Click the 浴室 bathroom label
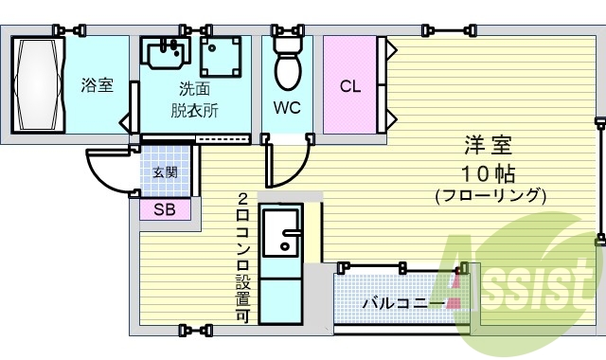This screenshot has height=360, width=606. (x=97, y=86)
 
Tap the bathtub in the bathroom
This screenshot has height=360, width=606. (x=37, y=86)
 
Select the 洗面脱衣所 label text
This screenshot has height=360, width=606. (x=194, y=99)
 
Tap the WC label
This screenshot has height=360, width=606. (x=287, y=107)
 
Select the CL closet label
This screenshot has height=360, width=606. (x=350, y=87)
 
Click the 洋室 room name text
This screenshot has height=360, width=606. (x=488, y=147)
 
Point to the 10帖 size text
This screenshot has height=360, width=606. (x=488, y=172)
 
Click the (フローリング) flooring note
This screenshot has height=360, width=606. (x=490, y=197)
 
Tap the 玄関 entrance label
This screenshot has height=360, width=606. (x=165, y=172)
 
